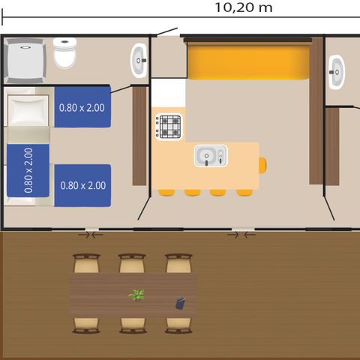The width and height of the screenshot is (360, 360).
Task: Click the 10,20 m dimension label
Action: (243, 8)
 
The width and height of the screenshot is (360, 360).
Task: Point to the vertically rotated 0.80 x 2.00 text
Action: (28, 171)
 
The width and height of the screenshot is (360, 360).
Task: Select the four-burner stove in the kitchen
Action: (169, 125)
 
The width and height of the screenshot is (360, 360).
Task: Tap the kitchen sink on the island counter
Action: (210, 156)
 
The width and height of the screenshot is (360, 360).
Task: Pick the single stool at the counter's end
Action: (262, 165)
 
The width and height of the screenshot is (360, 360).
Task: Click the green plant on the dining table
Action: (136, 295)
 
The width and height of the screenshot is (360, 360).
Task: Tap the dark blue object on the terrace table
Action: (181, 302)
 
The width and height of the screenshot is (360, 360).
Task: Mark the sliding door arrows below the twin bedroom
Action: (91, 235)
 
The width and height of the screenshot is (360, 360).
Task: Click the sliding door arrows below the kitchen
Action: (241, 235)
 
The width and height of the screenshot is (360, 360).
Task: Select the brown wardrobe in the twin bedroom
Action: (139, 136)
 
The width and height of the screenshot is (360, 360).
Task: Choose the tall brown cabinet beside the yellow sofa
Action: (316, 112)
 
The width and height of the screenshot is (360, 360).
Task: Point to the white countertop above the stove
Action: (169, 94)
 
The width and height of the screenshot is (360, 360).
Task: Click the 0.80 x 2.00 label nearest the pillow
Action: (82, 107)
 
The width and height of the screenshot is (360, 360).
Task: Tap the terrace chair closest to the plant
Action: (132, 265)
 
